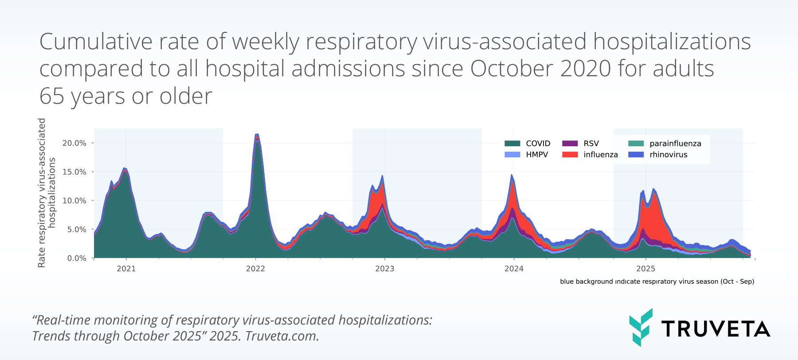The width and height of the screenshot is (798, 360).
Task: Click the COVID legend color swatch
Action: (x=512, y=143)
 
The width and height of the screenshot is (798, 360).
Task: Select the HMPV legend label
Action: (x=537, y=155)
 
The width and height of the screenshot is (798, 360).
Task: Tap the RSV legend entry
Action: (x=591, y=143)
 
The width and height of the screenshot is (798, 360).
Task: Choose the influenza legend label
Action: (x=600, y=155)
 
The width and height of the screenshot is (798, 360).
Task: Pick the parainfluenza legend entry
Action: (x=675, y=143)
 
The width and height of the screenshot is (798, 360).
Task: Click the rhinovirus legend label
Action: (x=668, y=155)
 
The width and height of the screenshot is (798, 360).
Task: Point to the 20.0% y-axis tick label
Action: (x=74, y=143)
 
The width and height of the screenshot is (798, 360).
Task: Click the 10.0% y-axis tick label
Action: (x=74, y=200)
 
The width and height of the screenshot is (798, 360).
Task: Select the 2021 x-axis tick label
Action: (x=126, y=269)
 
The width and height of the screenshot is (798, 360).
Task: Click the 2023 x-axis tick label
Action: (x=384, y=269)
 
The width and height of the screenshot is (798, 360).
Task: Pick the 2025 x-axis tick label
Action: (x=645, y=269)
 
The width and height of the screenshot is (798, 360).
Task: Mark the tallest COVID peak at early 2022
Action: (x=257, y=135)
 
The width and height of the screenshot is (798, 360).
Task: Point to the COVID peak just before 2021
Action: (x=125, y=169)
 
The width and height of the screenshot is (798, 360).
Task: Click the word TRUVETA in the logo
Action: (x=716, y=329)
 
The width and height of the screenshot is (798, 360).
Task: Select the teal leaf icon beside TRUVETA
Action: (x=641, y=327)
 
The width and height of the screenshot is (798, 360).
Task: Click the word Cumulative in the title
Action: (x=96, y=42)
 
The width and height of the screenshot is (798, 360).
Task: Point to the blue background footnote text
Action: (x=657, y=282)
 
